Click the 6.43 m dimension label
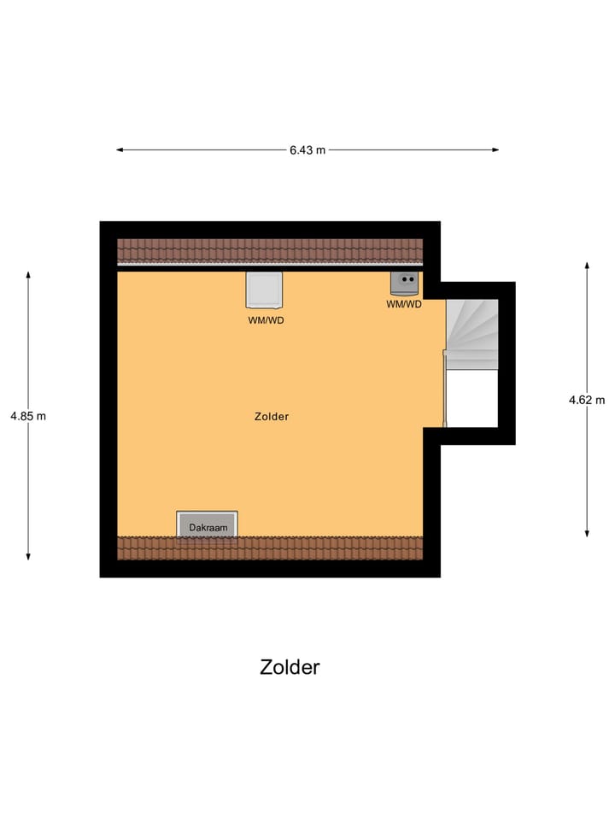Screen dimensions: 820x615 point(307,150)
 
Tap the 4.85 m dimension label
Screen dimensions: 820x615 point(28,416)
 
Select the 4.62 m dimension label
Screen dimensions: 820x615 point(587,399)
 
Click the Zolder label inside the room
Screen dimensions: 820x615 point(272,417)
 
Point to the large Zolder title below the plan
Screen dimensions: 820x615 point(290,667)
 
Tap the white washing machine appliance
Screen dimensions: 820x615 point(264,290)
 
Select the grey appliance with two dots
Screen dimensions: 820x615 point(404,283)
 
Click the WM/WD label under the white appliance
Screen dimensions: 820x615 point(264,320)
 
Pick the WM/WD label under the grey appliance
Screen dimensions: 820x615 point(404,304)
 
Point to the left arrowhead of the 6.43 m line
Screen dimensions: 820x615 point(120,150)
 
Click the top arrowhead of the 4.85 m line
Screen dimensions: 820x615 point(28,275)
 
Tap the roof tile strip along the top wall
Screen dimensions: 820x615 point(270,250)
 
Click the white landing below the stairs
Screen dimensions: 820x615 point(472,398)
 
